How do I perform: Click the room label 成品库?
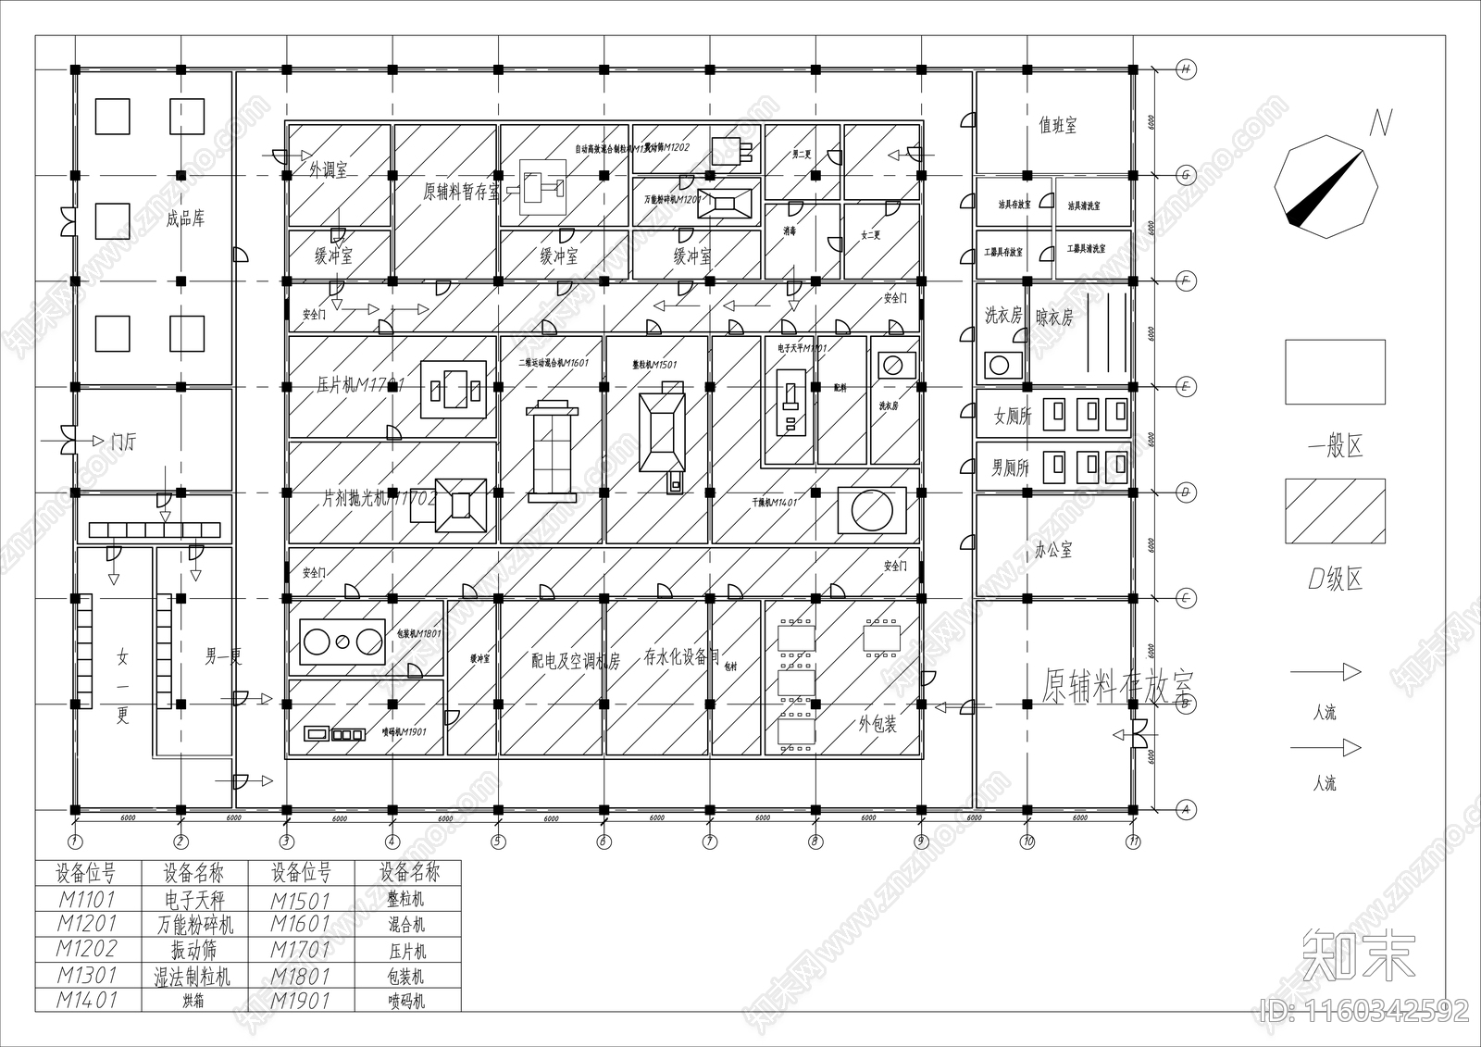185,219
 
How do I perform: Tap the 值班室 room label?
1057,126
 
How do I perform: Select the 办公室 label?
1053,550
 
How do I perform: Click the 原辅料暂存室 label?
461,192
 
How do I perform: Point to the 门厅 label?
122,442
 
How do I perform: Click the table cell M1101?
87,899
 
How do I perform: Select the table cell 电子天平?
194,899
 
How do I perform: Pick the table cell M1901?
301,1000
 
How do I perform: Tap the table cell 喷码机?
406,1000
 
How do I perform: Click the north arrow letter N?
1379,123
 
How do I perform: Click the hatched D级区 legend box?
1335,511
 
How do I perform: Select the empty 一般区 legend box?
1335,372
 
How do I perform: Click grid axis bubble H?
1185,69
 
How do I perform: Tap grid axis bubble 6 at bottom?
604,841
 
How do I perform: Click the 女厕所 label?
1013,417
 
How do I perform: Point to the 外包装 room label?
877,724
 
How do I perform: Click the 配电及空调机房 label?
575,661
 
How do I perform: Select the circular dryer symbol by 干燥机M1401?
873,510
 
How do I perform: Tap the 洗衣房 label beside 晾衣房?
1003,317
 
